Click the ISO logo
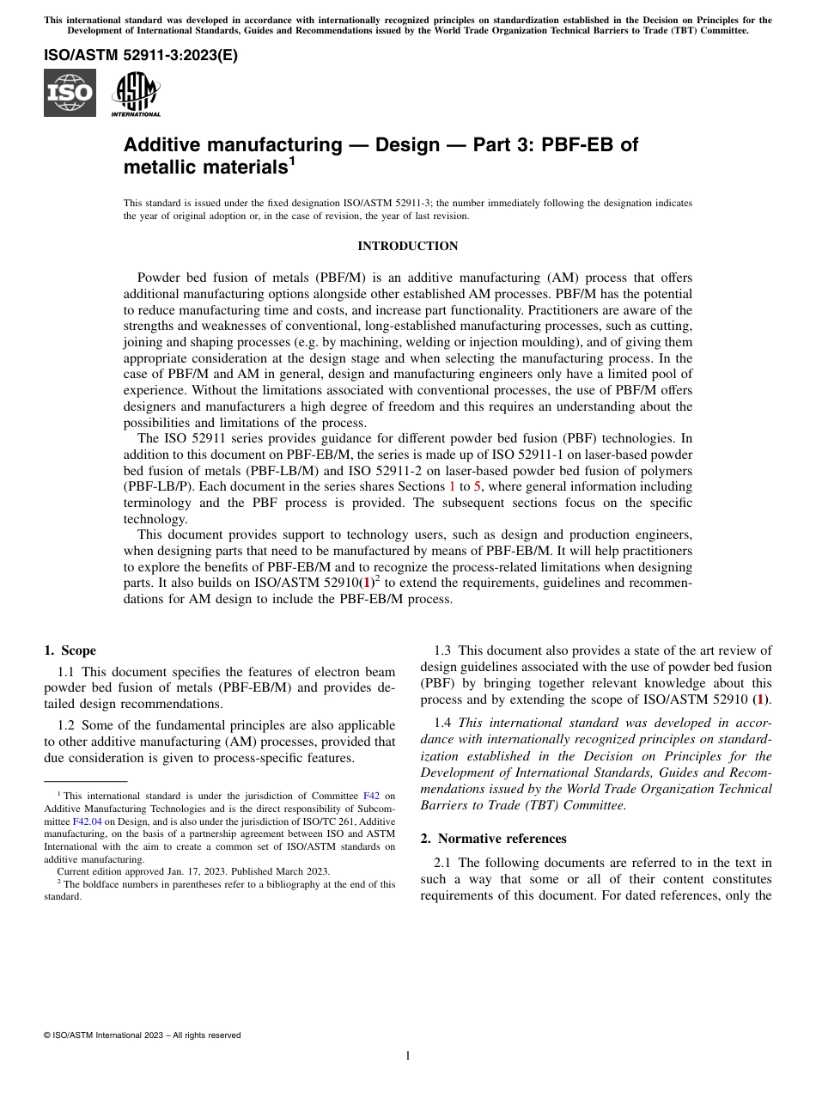pos(70,93)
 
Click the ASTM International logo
pos(136,93)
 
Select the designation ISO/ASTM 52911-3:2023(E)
pos(141,56)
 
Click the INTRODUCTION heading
pos(407,247)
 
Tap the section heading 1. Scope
pos(70,650)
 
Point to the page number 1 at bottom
pos(408,1055)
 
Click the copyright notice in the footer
pos(142,1035)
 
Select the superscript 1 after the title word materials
pos(292,161)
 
